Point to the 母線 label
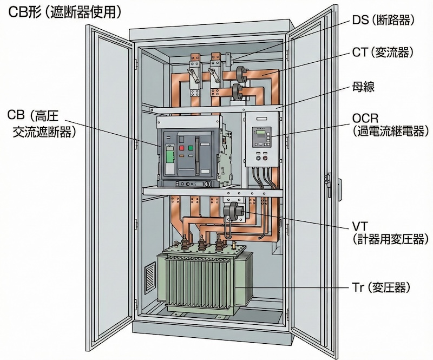[363, 87]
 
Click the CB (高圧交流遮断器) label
[41, 123]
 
